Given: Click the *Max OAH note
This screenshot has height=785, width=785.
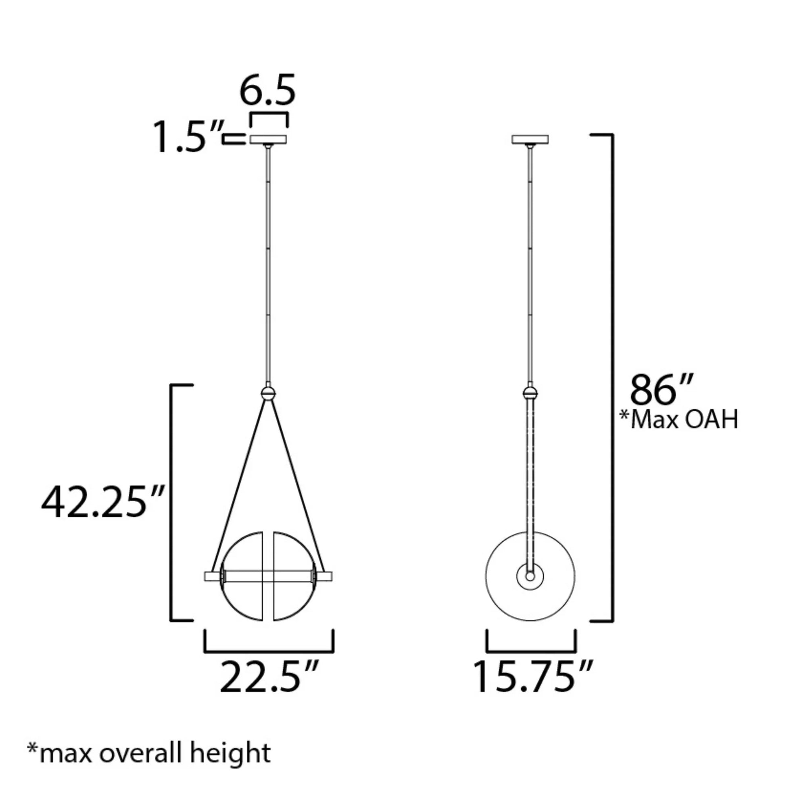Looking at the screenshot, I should coord(678,419).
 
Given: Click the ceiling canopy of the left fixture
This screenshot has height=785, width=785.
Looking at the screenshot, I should coord(268,139).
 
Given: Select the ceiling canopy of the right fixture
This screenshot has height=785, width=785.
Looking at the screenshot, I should coord(530,139).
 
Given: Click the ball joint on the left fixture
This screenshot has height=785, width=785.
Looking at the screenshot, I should coord(268,393).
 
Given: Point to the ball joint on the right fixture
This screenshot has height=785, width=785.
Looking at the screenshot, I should coord(530,393).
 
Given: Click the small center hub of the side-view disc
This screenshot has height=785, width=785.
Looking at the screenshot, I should coord(530,576).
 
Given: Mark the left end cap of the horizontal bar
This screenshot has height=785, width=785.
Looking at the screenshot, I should coord(211,576).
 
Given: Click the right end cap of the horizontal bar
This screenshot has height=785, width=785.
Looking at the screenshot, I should coord(325,576).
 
